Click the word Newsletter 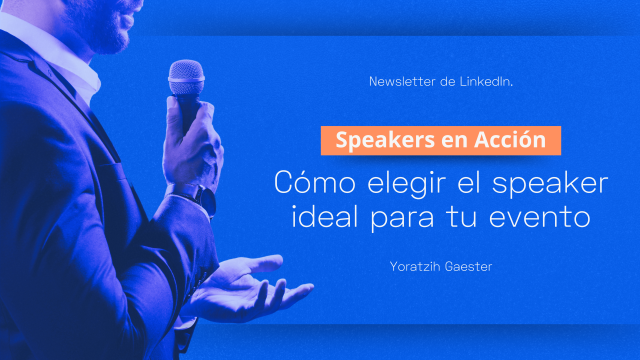[402, 81]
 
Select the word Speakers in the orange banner [385, 140]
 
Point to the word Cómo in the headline [315, 182]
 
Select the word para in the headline [402, 220]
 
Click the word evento [539, 217]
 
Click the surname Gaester [468, 266]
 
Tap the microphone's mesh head [186, 76]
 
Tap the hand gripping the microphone [192, 143]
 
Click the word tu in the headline [461, 217]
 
